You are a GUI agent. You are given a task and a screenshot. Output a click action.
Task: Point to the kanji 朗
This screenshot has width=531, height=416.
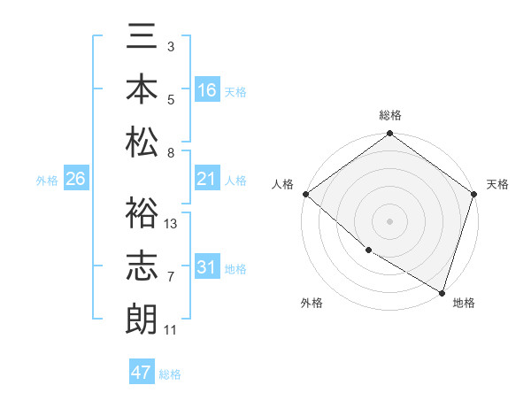coord(142,316)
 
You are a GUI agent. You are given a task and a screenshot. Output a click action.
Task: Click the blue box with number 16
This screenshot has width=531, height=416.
coord(207,90)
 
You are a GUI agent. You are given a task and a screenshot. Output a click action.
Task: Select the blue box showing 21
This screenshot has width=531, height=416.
coord(207,180)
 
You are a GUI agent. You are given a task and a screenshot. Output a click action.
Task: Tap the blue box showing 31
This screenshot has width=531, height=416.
coord(207,268)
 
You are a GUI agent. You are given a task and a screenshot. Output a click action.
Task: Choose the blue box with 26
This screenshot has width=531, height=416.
coord(75,180)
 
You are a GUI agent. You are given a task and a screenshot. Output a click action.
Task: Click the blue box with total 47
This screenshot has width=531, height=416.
coord(142,373)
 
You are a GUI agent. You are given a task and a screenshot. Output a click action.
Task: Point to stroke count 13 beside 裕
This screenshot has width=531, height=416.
coord(172,223)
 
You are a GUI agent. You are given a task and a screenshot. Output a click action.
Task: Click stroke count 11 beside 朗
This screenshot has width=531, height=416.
coord(171,330)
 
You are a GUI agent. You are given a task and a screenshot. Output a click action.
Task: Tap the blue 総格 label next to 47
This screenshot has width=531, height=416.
coord(170,374)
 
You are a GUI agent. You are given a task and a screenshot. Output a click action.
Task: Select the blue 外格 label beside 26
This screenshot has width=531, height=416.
coord(47,181)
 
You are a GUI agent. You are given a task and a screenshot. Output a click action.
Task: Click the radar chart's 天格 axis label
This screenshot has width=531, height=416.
coord(497,184)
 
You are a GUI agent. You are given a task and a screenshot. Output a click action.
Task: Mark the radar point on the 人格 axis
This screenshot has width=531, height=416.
coord(305,194)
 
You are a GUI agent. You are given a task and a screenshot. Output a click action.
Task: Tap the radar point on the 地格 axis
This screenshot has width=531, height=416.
coord(442,292)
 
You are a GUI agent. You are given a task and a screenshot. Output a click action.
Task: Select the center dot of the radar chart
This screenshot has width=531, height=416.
coord(389,220)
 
